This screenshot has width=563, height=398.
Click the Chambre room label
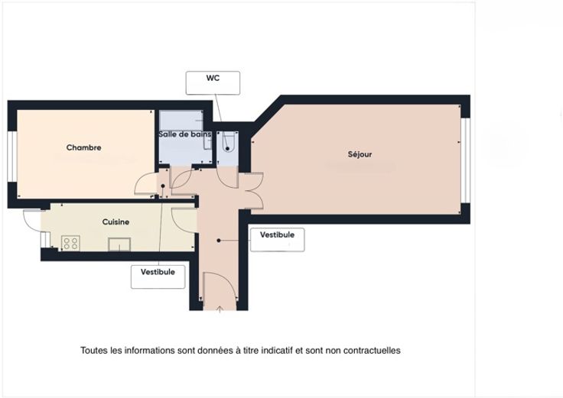pos(83,147)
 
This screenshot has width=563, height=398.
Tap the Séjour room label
pos(360,154)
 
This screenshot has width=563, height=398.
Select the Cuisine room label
pos(116,222)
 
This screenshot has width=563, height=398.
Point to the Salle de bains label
pos(185,134)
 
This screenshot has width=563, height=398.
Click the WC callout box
pos(213,83)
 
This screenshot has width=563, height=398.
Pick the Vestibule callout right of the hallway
pos(277,240)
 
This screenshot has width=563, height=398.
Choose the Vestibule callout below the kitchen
pos(158,277)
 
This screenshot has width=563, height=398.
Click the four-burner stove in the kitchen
pos(70,243)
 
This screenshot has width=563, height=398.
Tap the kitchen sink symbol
pos(119,244)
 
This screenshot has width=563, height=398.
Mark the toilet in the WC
pos(227,142)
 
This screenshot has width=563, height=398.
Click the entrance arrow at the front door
pos(220,309)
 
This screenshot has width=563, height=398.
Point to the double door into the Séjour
pos(252,191)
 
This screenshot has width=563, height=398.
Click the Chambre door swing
pos(145,183)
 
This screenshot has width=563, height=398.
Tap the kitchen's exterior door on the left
pos(32,220)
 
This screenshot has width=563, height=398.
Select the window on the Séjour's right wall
pos(465,160)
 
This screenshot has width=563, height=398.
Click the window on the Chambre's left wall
pos(12,157)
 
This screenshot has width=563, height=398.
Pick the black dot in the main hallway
pos(219,241)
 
